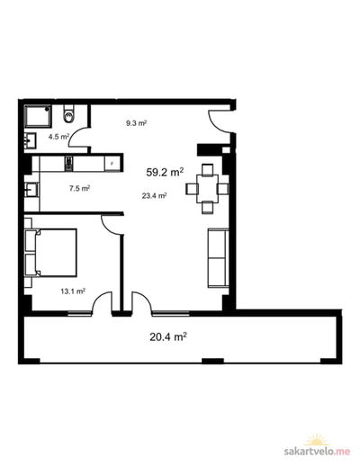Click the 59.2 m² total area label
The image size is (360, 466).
click(x=165, y=172)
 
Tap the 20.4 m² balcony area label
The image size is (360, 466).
click(x=168, y=336)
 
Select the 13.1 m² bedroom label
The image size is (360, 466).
click(x=73, y=291)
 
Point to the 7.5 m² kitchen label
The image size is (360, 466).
click(x=79, y=189)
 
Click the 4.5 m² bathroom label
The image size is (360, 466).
click(x=58, y=137)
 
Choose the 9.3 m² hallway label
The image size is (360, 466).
click(x=136, y=123)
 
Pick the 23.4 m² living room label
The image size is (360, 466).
click(x=154, y=196)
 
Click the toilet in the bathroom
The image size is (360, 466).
click(x=68, y=113)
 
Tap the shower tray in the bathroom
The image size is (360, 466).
click(x=38, y=116)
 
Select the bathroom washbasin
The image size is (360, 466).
click(x=31, y=140)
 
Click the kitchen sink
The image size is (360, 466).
click(x=31, y=190)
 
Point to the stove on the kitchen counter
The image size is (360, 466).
click(x=68, y=164)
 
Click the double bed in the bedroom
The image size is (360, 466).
click(x=51, y=253)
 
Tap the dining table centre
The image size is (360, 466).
click(x=207, y=189)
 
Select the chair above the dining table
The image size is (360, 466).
click(x=207, y=170)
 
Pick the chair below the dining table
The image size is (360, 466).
click(x=207, y=208)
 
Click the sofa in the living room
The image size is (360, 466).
click(x=218, y=258)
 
